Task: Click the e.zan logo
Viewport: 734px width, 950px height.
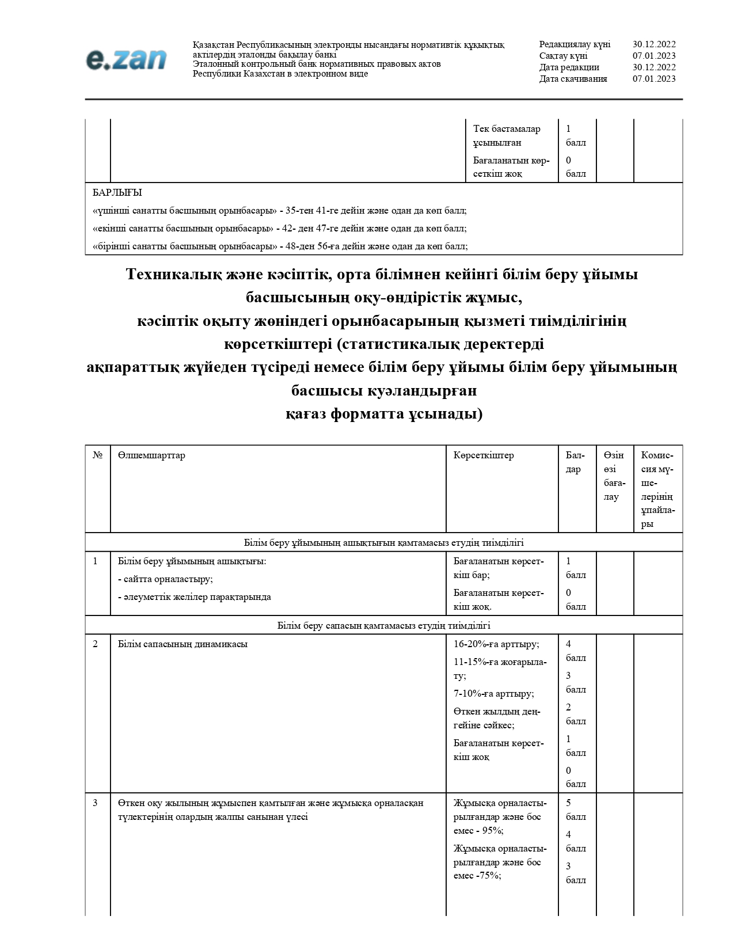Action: point(126,60)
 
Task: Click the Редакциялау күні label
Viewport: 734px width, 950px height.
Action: point(574,44)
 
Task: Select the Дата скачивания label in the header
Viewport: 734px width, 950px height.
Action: point(573,79)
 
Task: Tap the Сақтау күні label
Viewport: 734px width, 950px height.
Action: point(563,56)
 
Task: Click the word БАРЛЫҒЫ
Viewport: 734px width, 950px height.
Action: point(117,192)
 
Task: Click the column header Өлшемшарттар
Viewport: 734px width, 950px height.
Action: point(151,455)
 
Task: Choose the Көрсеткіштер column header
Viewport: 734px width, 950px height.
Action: point(483,455)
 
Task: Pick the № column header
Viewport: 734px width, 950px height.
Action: point(97,455)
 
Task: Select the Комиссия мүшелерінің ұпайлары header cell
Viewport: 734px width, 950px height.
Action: point(657,489)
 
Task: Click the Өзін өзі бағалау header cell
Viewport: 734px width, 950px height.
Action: point(614,476)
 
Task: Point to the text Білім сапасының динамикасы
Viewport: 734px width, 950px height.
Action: point(182,644)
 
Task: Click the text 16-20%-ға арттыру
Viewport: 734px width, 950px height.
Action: point(496,644)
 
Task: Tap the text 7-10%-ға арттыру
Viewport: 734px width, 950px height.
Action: point(493,694)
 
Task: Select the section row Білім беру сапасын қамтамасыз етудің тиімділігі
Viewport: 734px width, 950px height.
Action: point(383,625)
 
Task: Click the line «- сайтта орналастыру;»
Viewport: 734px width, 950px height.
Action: point(165,579)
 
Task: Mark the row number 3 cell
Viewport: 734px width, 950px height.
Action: point(96,803)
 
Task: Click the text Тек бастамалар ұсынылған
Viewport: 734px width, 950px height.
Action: point(506,136)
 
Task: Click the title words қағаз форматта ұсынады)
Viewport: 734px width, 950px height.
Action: point(384,414)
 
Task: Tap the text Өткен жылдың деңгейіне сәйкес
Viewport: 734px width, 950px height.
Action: point(496,719)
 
